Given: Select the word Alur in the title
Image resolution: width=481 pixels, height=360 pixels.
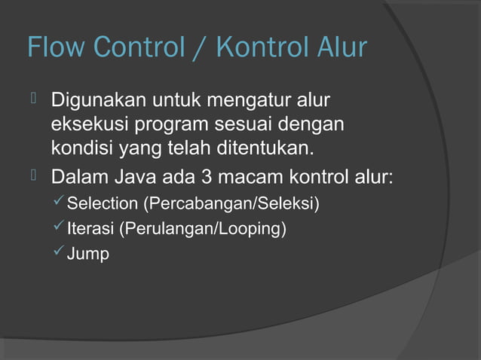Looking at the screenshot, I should (x=342, y=48).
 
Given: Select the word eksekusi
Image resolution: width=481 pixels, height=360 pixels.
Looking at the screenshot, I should (x=84, y=123).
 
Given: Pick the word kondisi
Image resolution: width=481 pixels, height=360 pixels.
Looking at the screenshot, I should (x=81, y=146).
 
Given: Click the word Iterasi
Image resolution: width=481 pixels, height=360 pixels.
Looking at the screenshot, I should (x=88, y=229).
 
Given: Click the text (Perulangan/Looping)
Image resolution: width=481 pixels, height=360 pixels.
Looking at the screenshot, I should (x=200, y=229).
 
